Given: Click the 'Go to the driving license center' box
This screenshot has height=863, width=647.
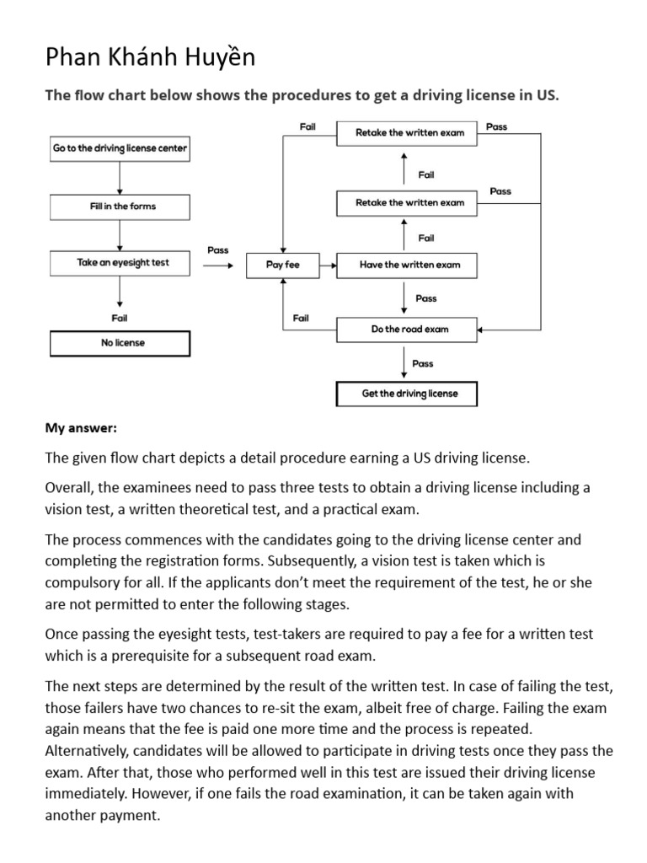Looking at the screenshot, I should [120, 148].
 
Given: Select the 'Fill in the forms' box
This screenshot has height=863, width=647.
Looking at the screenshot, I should [120, 206].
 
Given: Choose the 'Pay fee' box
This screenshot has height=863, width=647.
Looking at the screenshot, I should [282, 265].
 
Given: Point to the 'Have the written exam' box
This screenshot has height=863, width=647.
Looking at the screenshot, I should [409, 265].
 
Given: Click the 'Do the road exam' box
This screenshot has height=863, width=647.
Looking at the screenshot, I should [409, 330].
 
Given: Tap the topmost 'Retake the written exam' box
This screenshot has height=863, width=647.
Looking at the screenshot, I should [409, 132].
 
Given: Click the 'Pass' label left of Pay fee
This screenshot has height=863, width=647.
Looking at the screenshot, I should [217, 250].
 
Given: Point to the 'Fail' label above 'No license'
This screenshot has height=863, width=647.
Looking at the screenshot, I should [120, 319].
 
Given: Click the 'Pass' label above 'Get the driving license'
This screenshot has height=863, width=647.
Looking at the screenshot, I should [423, 363].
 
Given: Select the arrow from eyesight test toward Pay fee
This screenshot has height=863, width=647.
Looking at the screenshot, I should [217, 265].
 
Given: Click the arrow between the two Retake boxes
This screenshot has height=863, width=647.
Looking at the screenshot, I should [404, 166].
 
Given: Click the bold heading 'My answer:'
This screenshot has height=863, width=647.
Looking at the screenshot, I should [81, 428].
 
